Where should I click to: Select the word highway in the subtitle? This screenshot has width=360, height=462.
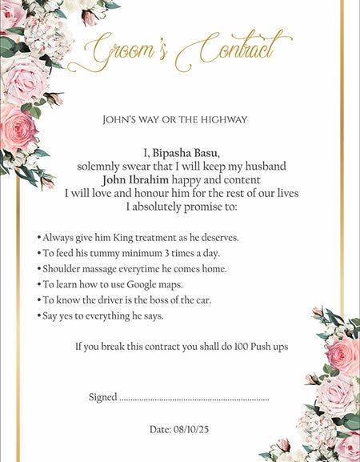click(x=226, y=120)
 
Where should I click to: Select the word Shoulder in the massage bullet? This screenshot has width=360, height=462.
click(x=62, y=269)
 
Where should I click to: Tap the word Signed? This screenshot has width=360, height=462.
click(x=102, y=397)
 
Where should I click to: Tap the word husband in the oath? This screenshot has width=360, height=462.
click(x=264, y=167)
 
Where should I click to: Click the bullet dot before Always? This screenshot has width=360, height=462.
click(x=39, y=239)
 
